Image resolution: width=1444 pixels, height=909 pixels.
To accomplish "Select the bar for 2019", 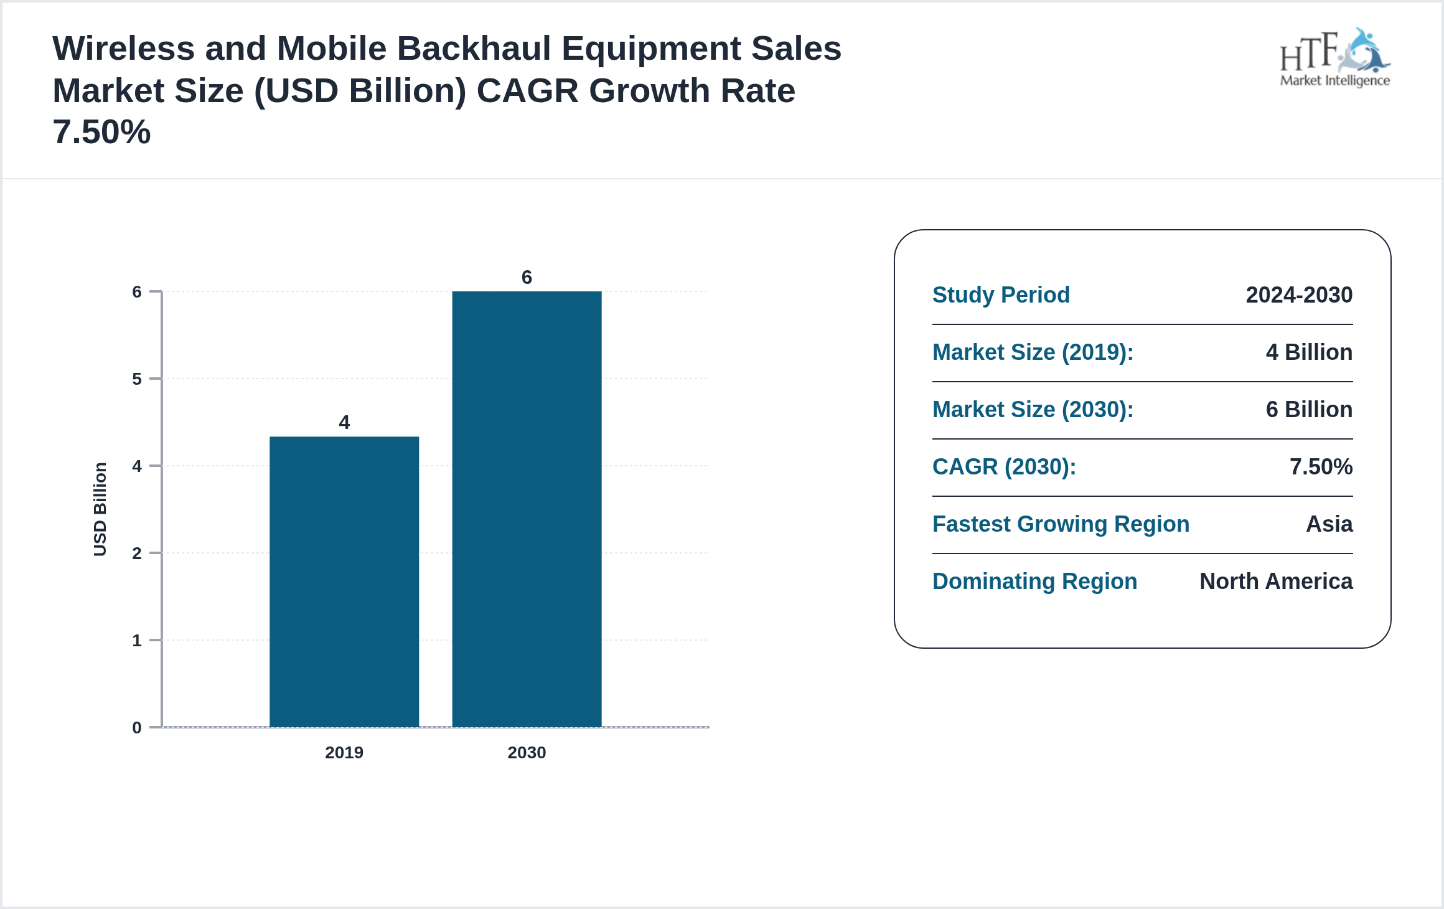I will pyautogui.click(x=344, y=582).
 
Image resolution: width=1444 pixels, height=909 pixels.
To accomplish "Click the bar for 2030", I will pyautogui.click(x=527, y=509).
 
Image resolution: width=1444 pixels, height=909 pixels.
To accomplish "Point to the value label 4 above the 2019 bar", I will pyautogui.click(x=344, y=423).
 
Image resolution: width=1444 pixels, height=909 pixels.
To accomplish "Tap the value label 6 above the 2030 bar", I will pyautogui.click(x=527, y=277).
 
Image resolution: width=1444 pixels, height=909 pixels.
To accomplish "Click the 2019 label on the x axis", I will pyautogui.click(x=344, y=752).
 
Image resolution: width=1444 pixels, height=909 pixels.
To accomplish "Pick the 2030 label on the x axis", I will pyautogui.click(x=527, y=752).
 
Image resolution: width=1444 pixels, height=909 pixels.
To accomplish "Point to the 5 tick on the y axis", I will pyautogui.click(x=137, y=379).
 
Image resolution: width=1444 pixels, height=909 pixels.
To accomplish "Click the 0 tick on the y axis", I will pyautogui.click(x=137, y=727).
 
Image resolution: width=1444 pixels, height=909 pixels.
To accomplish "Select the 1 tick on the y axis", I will pyautogui.click(x=137, y=640).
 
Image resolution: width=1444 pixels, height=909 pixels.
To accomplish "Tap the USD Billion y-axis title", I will pyautogui.click(x=100, y=509).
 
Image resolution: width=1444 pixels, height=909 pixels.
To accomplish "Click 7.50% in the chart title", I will pyautogui.click(x=101, y=132).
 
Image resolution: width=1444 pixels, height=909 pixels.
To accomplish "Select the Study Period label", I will pyautogui.click(x=1001, y=295).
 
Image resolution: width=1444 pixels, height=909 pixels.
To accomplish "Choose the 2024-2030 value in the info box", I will pyautogui.click(x=1299, y=295).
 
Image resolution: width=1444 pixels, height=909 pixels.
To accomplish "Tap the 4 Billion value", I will pyautogui.click(x=1309, y=352).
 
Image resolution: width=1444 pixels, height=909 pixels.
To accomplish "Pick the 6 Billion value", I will pyautogui.click(x=1309, y=410).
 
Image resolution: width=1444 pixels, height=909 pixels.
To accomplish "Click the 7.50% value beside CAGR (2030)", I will pyautogui.click(x=1321, y=467).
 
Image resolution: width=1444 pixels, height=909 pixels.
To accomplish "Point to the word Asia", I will pyautogui.click(x=1329, y=524).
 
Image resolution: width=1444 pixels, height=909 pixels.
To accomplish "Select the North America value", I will pyautogui.click(x=1276, y=582).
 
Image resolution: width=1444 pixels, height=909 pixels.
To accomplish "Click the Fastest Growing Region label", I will pyautogui.click(x=1061, y=524).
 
